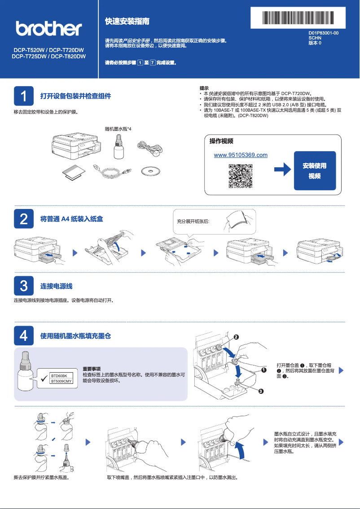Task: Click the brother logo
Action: tap(49, 29)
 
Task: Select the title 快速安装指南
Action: tap(127, 22)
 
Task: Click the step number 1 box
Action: tap(24, 96)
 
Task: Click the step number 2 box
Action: tap(24, 219)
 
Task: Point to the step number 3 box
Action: tap(24, 286)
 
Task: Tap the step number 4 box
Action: tap(24, 335)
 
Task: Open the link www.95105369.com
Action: tap(241, 155)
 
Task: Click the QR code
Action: tap(241, 176)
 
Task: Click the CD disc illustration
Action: tap(150, 172)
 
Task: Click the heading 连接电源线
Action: tap(57, 286)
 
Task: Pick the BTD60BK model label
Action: tap(59, 375)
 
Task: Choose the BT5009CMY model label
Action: tap(61, 381)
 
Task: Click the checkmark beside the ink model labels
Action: tap(44, 378)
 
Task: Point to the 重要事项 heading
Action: tap(92, 368)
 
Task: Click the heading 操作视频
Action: tap(221, 141)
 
